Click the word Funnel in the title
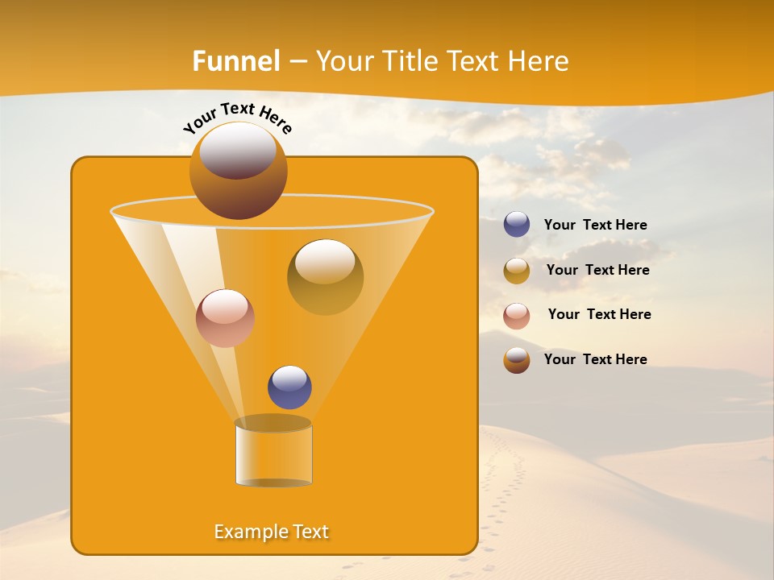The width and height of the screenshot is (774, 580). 236,60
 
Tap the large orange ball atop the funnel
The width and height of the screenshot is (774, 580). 239,170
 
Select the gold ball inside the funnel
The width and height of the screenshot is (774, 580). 325,276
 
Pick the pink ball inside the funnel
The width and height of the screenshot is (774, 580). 225,318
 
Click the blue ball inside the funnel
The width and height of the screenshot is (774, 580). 289,387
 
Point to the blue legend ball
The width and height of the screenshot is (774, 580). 517,224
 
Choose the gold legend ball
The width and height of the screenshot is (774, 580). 517,270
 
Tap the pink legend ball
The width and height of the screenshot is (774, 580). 517,315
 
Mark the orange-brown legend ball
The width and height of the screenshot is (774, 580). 517,359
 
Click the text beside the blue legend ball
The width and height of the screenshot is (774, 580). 595,225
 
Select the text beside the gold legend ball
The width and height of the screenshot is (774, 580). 597,270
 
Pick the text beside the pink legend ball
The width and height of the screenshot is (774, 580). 599,314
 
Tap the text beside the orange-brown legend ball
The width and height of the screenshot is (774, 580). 595,359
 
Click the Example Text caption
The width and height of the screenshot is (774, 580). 272,532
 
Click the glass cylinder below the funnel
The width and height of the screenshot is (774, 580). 273,454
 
